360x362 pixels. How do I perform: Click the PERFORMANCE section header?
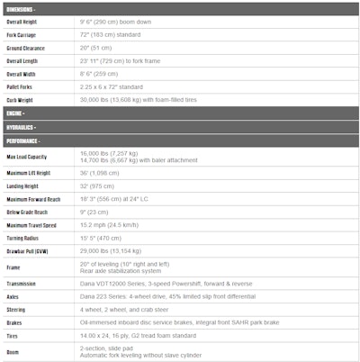27,141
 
